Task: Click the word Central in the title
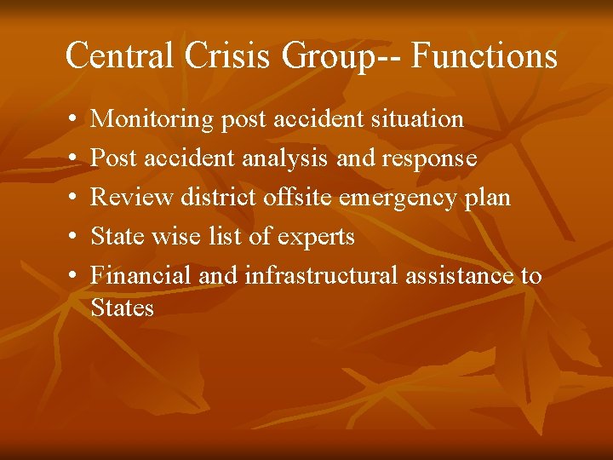tap(118, 56)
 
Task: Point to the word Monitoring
tap(152, 119)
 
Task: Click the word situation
tap(417, 119)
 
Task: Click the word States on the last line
tap(122, 308)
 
